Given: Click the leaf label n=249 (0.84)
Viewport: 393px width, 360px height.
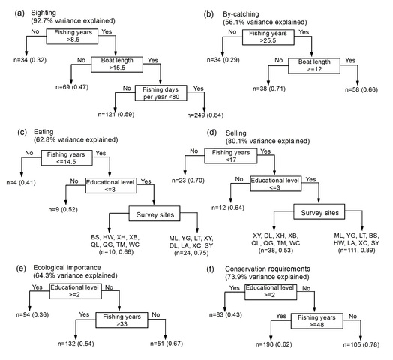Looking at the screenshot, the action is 205,115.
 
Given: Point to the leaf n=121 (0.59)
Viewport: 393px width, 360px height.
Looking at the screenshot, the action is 116,114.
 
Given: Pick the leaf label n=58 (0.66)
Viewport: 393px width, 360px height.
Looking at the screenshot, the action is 361,89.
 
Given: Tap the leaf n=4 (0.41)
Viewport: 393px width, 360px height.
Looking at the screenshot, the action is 21,182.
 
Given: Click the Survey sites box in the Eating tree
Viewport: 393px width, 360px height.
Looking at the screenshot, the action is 154,214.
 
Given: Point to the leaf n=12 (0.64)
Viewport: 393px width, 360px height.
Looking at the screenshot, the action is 228,208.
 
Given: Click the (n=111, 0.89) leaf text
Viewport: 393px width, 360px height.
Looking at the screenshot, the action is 356,250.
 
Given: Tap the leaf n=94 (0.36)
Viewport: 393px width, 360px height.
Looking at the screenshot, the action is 32,314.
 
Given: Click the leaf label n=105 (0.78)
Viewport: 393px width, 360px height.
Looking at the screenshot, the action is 361,344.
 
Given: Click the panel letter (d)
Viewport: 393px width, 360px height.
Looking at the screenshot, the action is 211,133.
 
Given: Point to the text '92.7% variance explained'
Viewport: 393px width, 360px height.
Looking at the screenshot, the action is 73,20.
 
